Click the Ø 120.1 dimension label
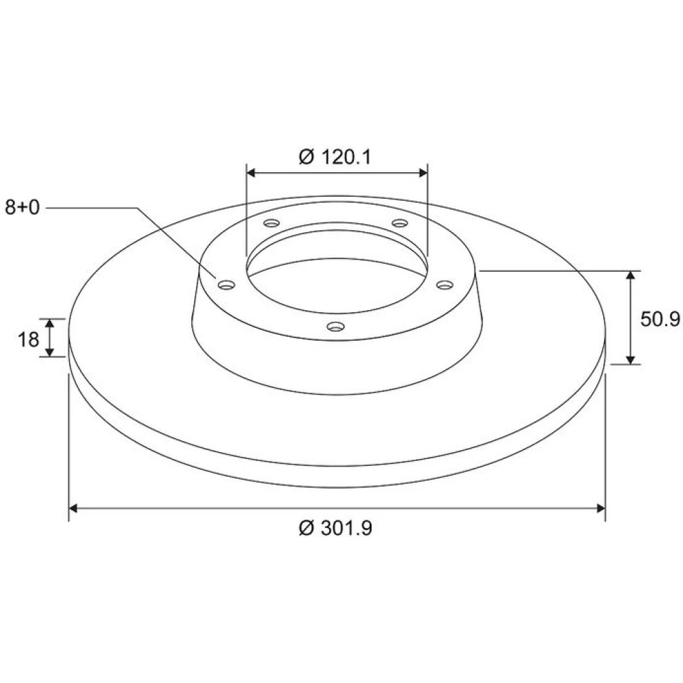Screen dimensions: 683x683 coord(335,157)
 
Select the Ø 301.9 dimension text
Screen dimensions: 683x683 coord(335,528)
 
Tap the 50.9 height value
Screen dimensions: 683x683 coord(660,319)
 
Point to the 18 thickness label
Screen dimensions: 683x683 coord(28,339)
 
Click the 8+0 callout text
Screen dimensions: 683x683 coord(23,208)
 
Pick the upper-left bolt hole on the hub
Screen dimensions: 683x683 coord(271,223)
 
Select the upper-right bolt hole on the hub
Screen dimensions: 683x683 coord(400,223)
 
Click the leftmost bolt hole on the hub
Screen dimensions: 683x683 coord(227,285)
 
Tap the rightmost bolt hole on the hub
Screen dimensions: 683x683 coord(445,285)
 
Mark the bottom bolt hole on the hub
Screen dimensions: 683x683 coord(335,326)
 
